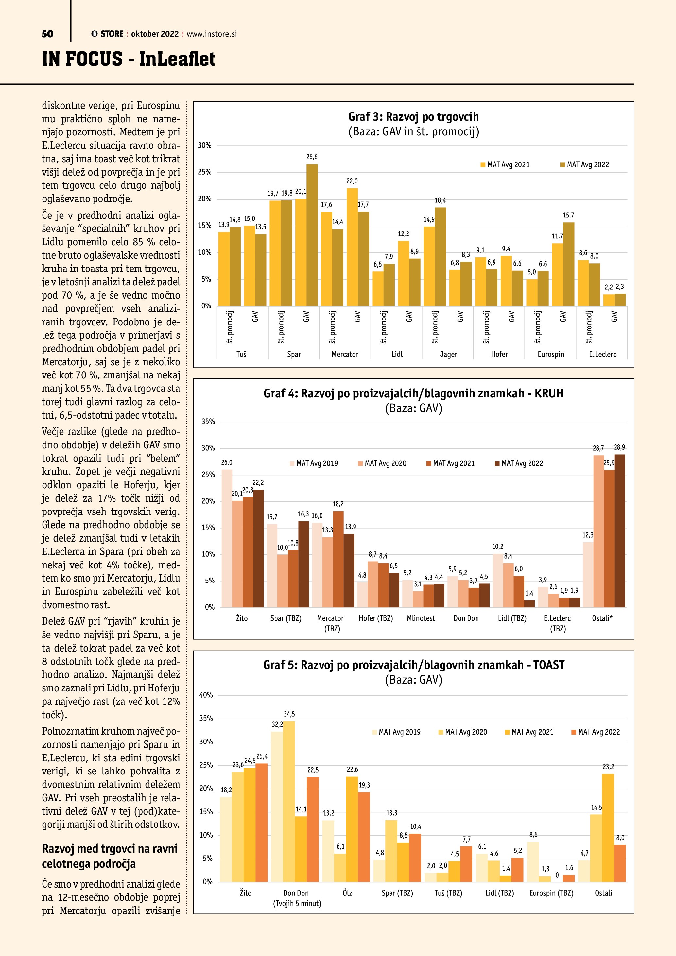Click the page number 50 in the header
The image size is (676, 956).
pos(47,34)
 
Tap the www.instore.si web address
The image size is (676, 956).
pos(212,34)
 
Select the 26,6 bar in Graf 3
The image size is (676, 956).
pos(312,235)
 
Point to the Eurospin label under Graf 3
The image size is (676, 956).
pos(550,354)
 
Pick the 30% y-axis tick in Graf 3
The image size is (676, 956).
pos(204,145)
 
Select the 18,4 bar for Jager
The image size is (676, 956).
pos(440,256)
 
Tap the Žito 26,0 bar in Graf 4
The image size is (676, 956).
pos(227,538)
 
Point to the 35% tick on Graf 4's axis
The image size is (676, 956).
pos(208,421)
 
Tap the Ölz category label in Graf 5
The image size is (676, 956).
pos(347,893)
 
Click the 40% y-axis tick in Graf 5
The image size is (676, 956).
pos(206,695)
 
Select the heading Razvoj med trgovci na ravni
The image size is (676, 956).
pos(110,849)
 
